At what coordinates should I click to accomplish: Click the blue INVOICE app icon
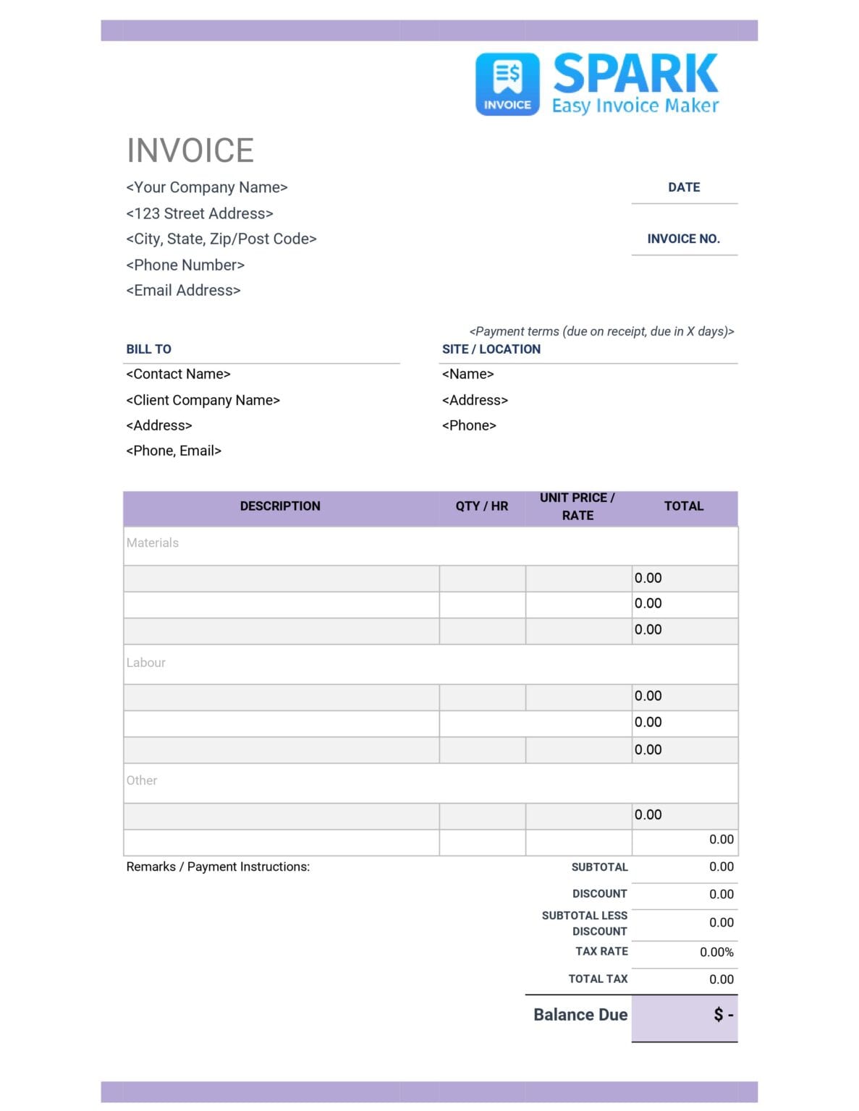point(507,84)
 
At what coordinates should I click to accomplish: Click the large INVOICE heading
point(190,150)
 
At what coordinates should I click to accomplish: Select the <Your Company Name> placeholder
point(207,187)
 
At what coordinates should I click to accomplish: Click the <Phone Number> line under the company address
point(185,265)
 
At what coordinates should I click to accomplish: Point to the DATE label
point(684,187)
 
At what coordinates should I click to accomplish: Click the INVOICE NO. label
point(683,239)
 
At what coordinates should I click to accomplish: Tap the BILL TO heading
point(149,349)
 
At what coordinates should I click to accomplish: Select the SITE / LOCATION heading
point(491,349)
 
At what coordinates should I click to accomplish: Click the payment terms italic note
point(601,331)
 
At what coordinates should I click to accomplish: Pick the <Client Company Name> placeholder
point(203,400)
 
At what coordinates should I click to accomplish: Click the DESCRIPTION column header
point(280,506)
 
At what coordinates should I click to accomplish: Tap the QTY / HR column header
point(482,506)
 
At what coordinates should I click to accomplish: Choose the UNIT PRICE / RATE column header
point(577,506)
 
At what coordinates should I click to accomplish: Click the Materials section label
point(152,542)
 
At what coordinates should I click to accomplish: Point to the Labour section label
point(145,663)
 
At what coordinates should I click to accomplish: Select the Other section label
point(142,780)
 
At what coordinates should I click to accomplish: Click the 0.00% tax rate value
point(716,952)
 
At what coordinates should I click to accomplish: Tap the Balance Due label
point(580,1015)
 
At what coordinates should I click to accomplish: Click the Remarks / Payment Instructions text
point(218,867)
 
